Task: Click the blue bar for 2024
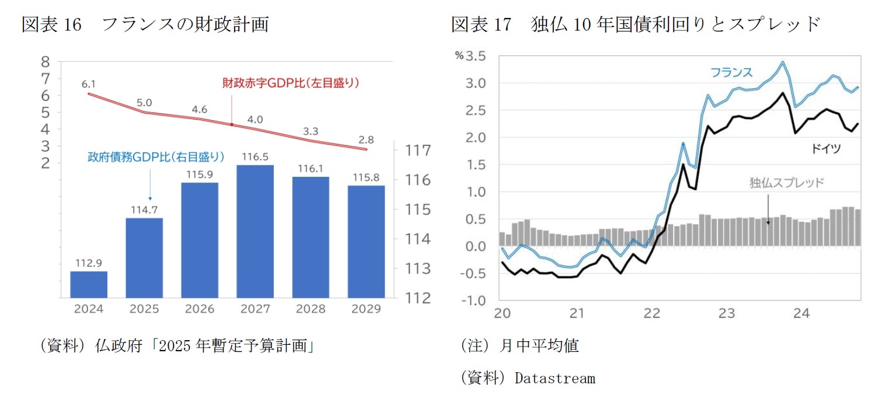[89, 284]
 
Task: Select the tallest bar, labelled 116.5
[255, 231]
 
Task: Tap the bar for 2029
[366, 242]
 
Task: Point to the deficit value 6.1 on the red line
[89, 83]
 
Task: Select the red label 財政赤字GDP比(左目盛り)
[290, 83]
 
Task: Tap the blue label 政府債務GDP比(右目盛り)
[156, 156]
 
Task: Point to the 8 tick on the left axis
[45, 62]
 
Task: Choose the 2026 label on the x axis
[200, 309]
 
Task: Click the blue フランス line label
[731, 73]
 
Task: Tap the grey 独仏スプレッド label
[786, 183]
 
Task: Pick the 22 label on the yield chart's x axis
[652, 313]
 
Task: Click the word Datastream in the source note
[555, 379]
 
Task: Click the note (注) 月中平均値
[520, 346]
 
